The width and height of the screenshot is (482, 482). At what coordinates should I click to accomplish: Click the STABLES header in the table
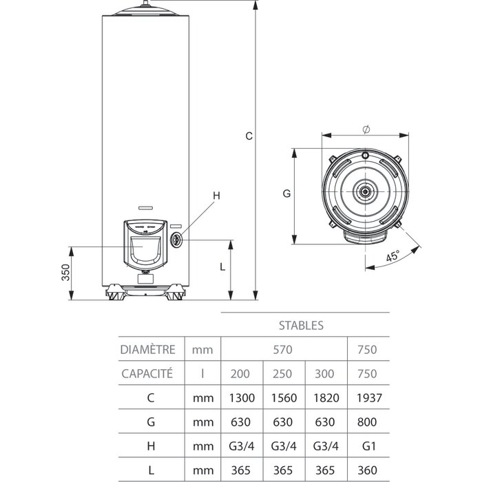tap(301, 324)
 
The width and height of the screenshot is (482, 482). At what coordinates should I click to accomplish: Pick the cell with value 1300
tap(241, 398)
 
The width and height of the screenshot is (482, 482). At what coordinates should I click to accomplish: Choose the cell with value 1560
tap(284, 398)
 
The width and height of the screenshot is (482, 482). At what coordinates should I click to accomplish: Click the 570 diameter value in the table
tap(284, 349)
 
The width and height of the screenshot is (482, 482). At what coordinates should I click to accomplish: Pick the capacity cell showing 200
tap(241, 374)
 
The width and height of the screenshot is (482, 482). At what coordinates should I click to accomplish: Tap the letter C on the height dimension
tap(249, 136)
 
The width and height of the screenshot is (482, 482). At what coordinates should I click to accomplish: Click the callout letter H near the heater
tap(216, 196)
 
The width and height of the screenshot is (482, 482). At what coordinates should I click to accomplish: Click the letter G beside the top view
tap(286, 194)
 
